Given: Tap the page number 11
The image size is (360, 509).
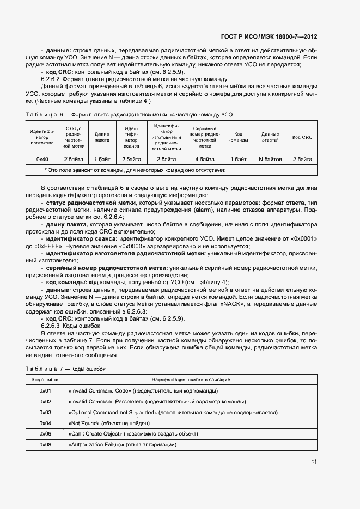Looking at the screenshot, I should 314,462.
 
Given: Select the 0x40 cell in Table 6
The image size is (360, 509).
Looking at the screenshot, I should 42,159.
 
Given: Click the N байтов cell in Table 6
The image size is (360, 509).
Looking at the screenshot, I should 270,159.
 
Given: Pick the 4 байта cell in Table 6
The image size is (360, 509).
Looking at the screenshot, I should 205,159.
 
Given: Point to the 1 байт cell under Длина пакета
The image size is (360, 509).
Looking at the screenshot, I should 102,159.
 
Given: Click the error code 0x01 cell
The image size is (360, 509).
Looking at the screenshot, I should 45,390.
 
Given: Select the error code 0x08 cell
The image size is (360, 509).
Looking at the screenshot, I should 45,445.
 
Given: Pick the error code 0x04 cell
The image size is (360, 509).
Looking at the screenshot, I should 45,423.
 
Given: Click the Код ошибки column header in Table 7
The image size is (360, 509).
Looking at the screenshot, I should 45,379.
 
